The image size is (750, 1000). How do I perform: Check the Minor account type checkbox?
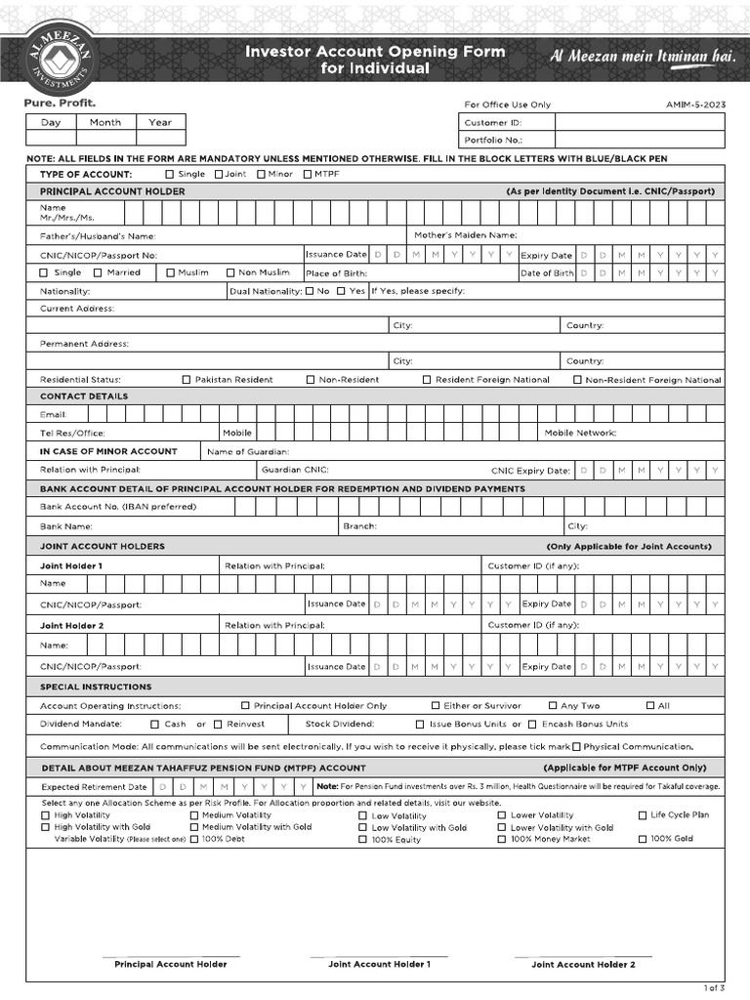point(261,174)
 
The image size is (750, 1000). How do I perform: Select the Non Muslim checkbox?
point(231,272)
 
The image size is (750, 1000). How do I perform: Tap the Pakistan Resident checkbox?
point(187,379)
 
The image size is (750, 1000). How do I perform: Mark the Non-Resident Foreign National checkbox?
point(577,379)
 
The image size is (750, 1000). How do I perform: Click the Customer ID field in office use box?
point(640,123)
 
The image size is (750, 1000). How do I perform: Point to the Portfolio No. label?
point(489,140)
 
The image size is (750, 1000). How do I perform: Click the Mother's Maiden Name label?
point(465,235)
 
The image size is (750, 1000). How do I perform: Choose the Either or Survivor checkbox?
point(436,705)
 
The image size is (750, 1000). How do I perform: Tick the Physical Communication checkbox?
point(575,746)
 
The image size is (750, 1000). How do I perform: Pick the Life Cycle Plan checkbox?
point(643,814)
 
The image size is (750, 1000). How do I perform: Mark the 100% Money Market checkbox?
point(502,839)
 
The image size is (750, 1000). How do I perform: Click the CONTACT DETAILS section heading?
point(83,396)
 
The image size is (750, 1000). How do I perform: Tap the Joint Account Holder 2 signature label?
point(583,964)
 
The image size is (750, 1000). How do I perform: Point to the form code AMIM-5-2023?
point(695,104)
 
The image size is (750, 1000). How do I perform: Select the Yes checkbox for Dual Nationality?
point(341,291)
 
